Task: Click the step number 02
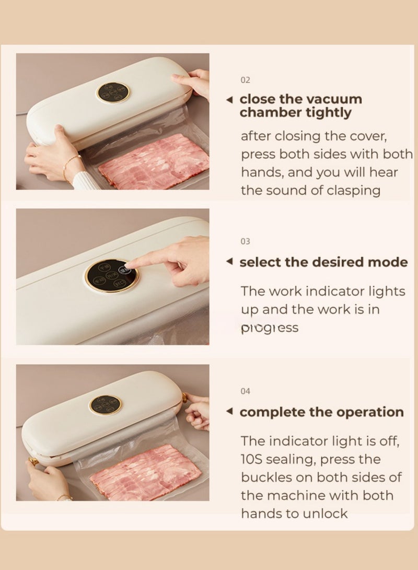tap(246, 80)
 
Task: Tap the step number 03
tap(246, 241)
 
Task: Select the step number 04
tap(246, 391)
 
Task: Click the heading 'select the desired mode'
tap(323, 262)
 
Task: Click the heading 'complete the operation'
tap(321, 412)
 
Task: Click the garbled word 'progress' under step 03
tap(270, 328)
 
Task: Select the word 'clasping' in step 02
tap(354, 190)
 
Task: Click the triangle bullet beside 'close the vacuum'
tap(229, 99)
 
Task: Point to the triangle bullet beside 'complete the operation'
tap(229, 412)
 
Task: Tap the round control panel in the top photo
tap(113, 92)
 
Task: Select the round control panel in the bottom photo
tap(106, 405)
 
